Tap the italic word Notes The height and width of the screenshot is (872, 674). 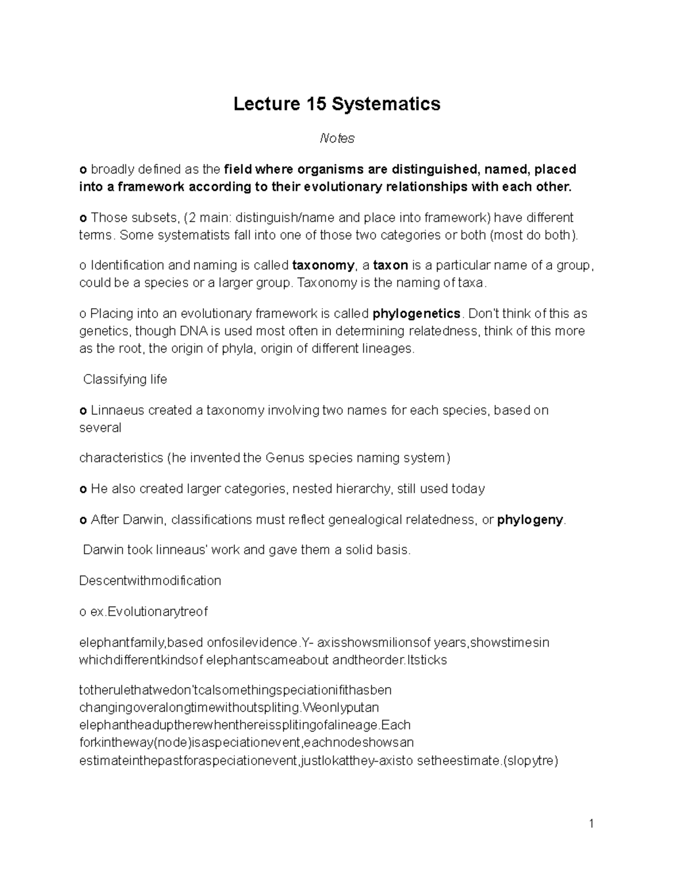(337, 138)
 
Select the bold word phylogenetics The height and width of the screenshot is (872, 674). (416, 313)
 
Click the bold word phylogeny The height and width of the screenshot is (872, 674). (530, 519)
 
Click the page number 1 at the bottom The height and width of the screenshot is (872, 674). (591, 824)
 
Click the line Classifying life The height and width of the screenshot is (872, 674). (125, 380)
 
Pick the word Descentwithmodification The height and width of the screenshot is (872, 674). (150, 581)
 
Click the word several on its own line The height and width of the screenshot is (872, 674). (100, 428)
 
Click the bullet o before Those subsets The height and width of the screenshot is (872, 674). (83, 217)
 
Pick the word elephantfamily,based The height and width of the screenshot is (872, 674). (141, 642)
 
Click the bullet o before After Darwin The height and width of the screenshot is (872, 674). (83, 519)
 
